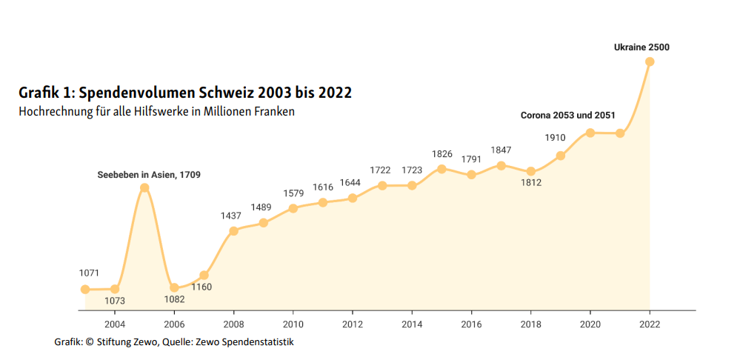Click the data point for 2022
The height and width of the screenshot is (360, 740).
tap(650, 61)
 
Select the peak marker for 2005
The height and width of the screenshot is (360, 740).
tap(144, 187)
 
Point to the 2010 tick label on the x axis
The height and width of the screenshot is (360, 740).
tap(293, 324)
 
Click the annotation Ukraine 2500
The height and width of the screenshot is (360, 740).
tap(641, 47)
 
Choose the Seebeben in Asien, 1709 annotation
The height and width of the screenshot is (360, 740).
tap(149, 175)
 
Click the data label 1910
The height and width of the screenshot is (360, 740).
tap(555, 138)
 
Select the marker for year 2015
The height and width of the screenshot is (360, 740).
tap(441, 168)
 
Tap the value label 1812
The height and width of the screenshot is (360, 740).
tap(531, 183)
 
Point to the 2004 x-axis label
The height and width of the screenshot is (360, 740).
tap(115, 324)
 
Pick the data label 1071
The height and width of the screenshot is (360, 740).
tap(89, 273)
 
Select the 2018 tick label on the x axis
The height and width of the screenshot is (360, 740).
tap(531, 324)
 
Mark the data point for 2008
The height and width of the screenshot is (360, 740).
tap(233, 230)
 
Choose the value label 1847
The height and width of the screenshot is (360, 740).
tap(501, 150)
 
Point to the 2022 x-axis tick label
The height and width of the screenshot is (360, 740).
tap(650, 324)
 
